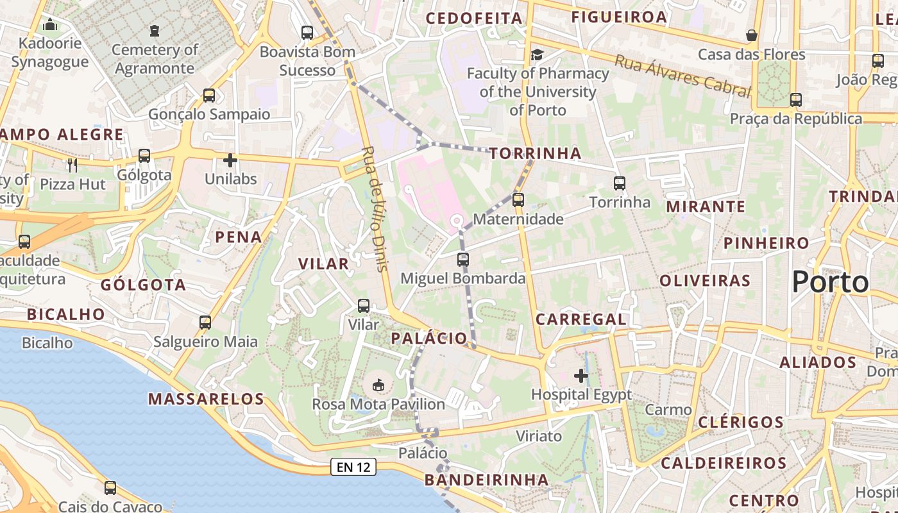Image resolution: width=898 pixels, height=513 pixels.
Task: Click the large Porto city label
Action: click(x=830, y=282)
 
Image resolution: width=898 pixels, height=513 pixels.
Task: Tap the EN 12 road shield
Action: click(x=353, y=467)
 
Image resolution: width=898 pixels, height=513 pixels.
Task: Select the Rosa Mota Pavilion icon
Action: click(x=378, y=385)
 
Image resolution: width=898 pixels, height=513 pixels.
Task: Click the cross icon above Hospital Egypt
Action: click(x=581, y=375)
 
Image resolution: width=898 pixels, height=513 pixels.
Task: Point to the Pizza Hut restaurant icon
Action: click(x=72, y=165)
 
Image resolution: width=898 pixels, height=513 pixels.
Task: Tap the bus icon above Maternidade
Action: click(x=518, y=199)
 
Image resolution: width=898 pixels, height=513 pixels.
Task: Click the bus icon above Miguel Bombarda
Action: click(x=463, y=259)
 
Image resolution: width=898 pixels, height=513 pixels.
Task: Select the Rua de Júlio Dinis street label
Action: click(x=375, y=209)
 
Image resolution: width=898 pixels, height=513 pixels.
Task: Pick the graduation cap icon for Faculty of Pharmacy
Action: click(x=537, y=55)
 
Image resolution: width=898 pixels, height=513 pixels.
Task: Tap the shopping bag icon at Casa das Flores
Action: click(x=751, y=35)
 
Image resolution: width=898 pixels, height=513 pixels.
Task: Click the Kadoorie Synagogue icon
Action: click(x=49, y=25)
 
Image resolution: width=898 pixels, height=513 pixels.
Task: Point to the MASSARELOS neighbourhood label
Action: click(x=206, y=399)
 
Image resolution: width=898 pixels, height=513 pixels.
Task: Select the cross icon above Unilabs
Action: click(x=230, y=160)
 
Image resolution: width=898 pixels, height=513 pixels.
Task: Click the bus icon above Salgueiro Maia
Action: click(x=205, y=322)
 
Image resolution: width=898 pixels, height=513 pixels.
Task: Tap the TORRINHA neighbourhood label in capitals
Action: click(x=536, y=153)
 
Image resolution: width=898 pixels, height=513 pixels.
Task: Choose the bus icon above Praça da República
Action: click(x=796, y=99)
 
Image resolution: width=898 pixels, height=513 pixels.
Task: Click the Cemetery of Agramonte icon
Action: click(x=154, y=30)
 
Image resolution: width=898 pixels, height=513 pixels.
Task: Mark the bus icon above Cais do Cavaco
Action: click(x=110, y=487)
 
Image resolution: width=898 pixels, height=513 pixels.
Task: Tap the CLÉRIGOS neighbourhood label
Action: click(x=741, y=422)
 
